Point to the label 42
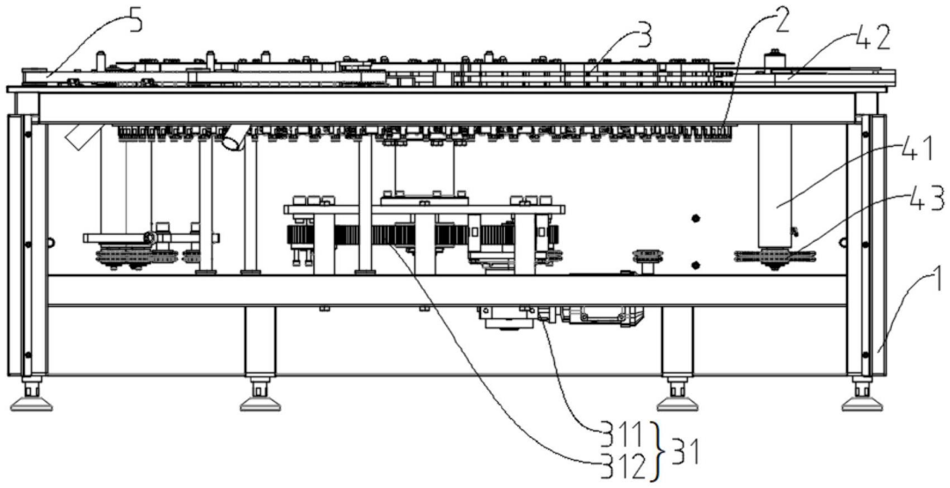tap(872, 38)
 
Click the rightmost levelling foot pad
tap(862, 402)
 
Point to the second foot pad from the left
tap(260, 402)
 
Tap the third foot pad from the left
tap(677, 402)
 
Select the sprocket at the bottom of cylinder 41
tap(775, 258)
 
